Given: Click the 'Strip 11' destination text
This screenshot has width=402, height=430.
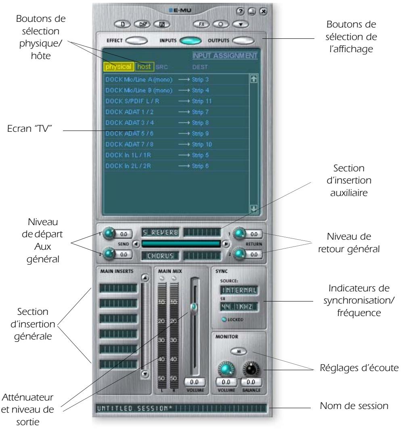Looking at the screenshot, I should click(x=197, y=100).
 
